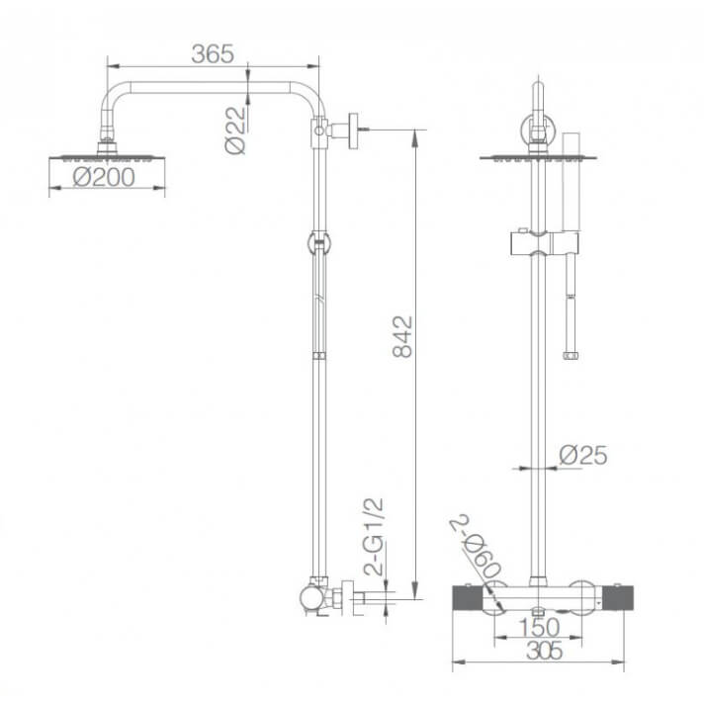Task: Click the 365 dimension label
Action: pyautogui.click(x=213, y=53)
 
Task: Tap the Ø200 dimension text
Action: pyautogui.click(x=104, y=177)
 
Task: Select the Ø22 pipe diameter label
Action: pyautogui.click(x=236, y=131)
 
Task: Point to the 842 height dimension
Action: pyautogui.click(x=402, y=336)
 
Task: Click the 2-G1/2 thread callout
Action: pyautogui.click(x=374, y=537)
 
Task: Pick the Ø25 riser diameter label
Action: pyautogui.click(x=583, y=455)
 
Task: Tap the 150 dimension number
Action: pyautogui.click(x=539, y=627)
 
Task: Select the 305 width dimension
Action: pyautogui.click(x=544, y=651)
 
